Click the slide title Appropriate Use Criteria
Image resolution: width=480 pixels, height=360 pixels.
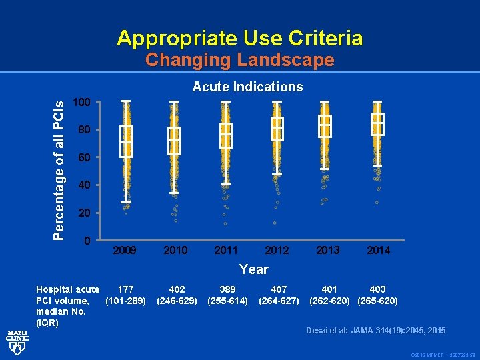(x=240, y=38)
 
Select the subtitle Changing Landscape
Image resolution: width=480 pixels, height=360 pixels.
(x=240, y=60)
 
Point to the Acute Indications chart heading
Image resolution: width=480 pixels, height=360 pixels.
(x=247, y=87)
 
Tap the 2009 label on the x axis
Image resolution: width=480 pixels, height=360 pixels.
(x=125, y=250)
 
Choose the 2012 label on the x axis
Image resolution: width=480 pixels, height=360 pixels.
(x=277, y=250)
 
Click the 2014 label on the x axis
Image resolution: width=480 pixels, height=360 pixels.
(x=378, y=250)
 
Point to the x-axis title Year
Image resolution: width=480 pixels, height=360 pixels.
(x=253, y=269)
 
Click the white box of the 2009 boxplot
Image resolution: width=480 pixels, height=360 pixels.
(x=126, y=141)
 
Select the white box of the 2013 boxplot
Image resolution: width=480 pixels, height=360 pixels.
(x=325, y=126)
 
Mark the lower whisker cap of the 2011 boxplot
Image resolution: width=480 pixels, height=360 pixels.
(x=226, y=184)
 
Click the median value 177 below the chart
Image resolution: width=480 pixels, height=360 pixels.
(x=125, y=289)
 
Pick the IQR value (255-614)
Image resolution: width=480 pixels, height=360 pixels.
(x=227, y=301)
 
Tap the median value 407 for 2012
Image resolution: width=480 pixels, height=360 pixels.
(x=279, y=289)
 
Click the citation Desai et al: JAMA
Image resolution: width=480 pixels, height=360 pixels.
(x=376, y=331)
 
